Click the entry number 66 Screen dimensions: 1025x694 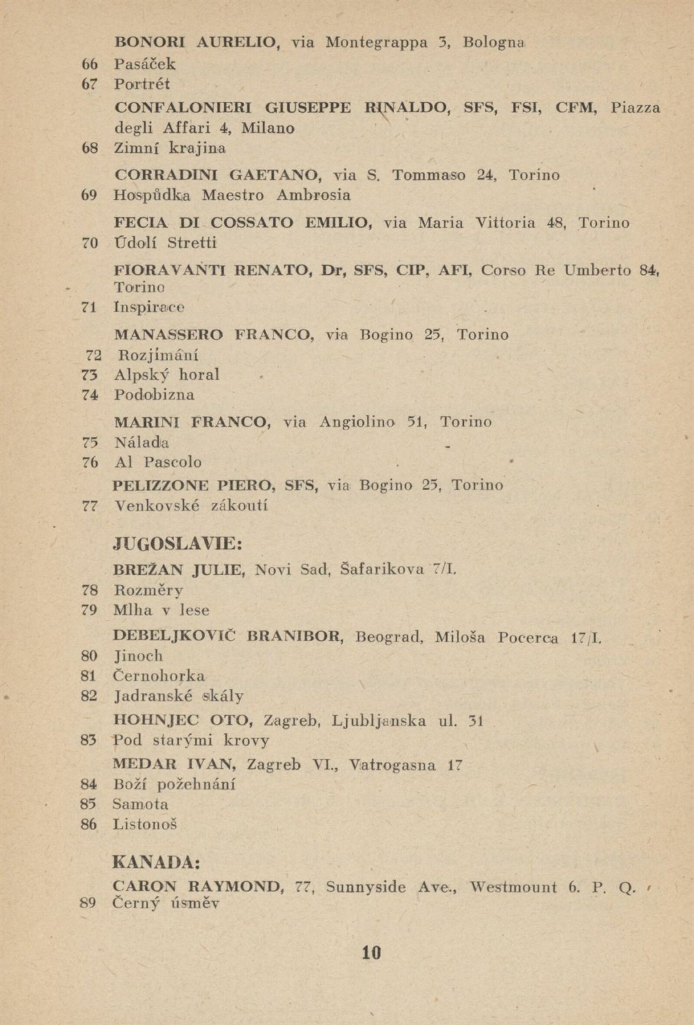[89, 65]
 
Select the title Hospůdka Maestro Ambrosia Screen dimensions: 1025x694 [232, 195]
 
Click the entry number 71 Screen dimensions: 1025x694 [89, 308]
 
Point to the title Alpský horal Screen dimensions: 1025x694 [167, 375]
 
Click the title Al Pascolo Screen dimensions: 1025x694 [158, 462]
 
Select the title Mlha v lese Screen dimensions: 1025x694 [161, 610]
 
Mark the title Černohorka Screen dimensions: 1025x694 [159, 676]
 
